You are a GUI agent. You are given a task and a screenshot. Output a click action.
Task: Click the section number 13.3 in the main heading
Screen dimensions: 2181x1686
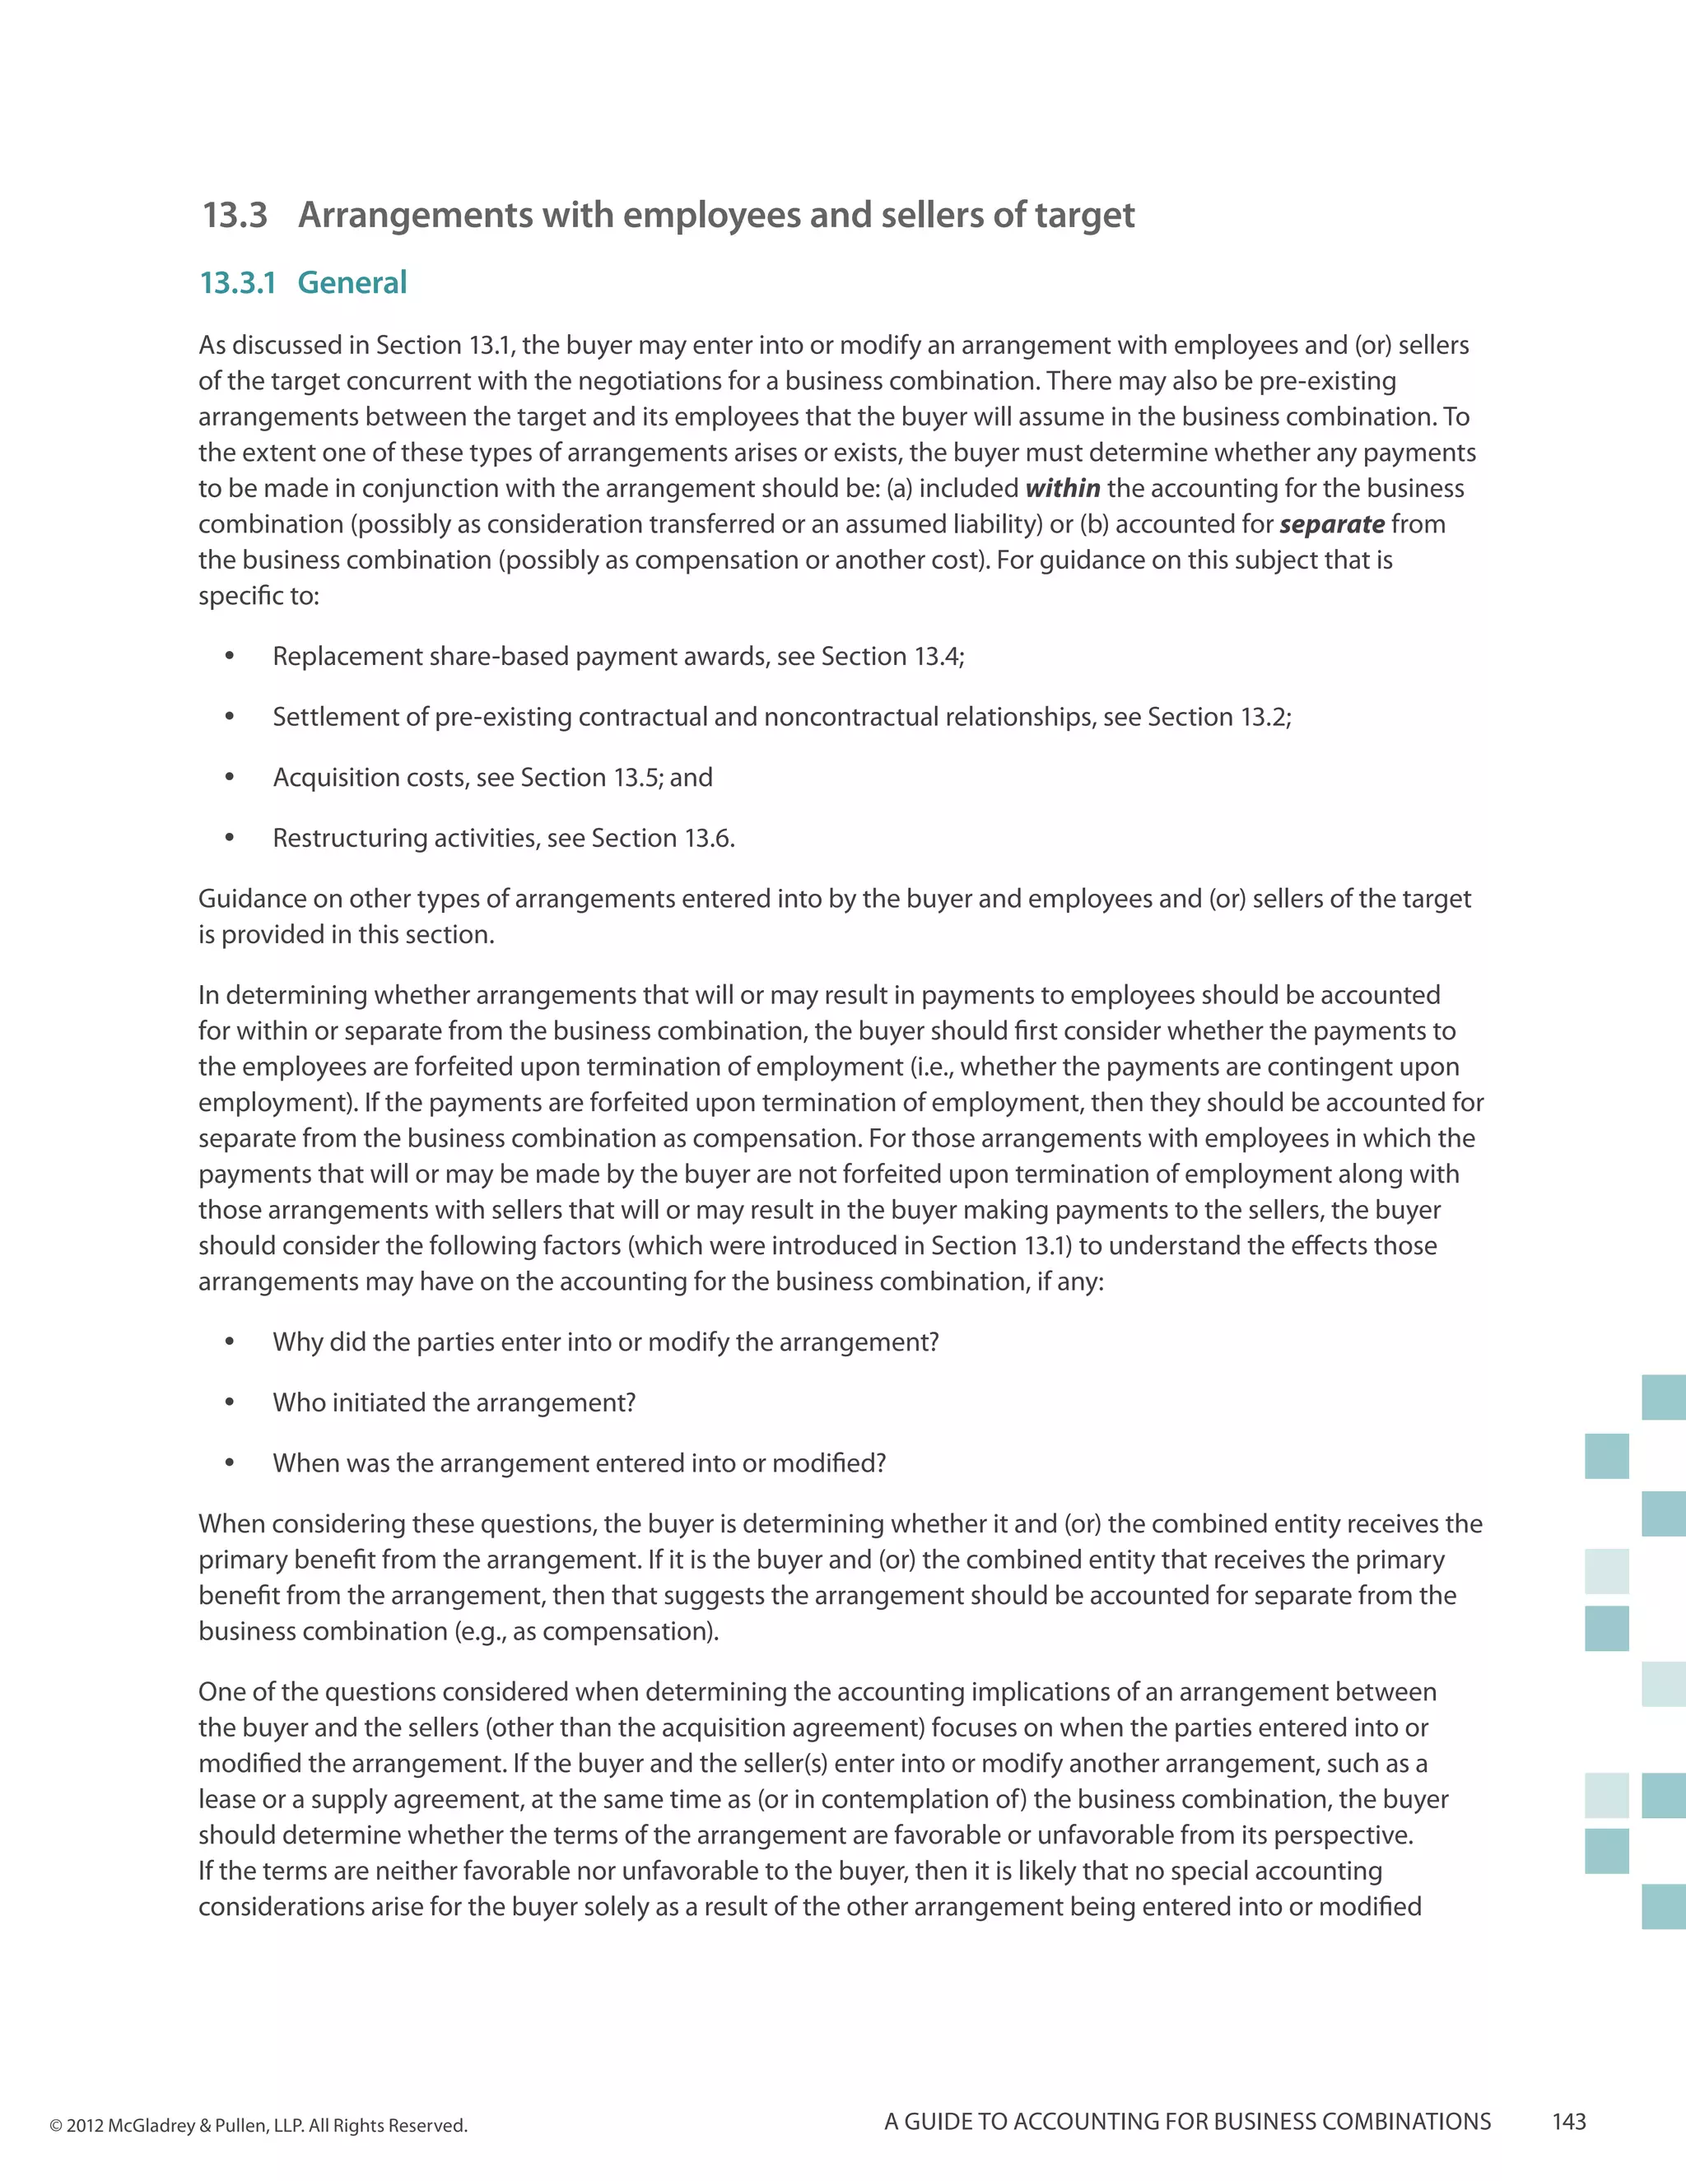(x=235, y=216)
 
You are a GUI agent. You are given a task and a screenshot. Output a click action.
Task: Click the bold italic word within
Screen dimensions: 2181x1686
(x=1063, y=488)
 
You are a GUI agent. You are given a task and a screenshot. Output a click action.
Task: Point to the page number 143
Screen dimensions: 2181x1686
(x=1569, y=2121)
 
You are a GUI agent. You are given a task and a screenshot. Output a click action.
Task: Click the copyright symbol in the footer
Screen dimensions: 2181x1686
(x=56, y=2126)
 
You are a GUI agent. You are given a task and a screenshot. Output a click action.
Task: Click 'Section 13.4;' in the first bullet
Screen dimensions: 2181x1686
(x=892, y=656)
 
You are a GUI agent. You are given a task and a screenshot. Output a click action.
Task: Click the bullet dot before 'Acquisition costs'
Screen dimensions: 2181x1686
(x=230, y=777)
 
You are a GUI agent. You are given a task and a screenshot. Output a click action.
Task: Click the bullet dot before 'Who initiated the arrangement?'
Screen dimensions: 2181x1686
(x=230, y=1402)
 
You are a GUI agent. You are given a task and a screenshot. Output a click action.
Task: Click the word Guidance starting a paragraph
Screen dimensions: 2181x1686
(x=252, y=899)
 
